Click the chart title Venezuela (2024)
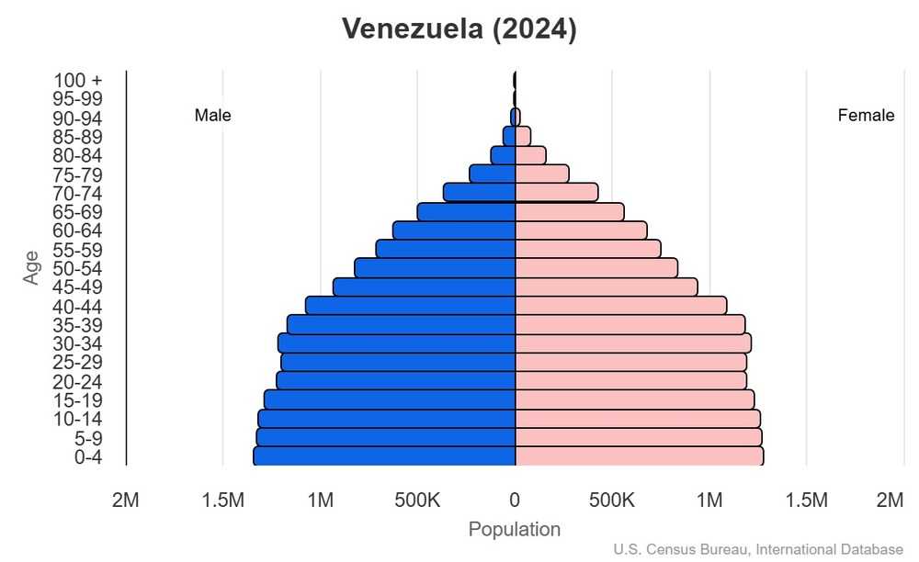(x=459, y=28)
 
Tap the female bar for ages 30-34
(x=633, y=343)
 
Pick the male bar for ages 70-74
(x=479, y=192)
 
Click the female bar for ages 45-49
(x=606, y=287)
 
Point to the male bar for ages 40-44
(x=410, y=305)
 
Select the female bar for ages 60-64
(x=581, y=230)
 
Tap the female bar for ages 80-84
(x=530, y=155)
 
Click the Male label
(x=212, y=116)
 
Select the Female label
(x=866, y=116)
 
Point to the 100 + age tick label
(x=77, y=80)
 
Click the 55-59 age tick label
(x=77, y=250)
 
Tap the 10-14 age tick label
(x=77, y=419)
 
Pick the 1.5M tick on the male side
(x=222, y=500)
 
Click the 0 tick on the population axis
(x=515, y=500)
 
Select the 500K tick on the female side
(x=612, y=500)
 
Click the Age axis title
(x=32, y=267)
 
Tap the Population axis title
(x=514, y=530)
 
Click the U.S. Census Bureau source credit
(x=758, y=550)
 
